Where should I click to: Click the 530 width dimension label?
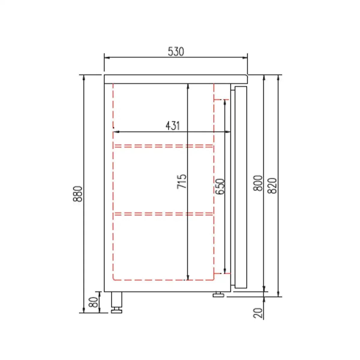175,52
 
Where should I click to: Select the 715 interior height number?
182,181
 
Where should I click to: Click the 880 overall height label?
78,194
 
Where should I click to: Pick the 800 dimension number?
258,183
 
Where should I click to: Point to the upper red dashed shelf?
163,146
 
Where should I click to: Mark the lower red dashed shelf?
163,214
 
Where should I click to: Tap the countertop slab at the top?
175,79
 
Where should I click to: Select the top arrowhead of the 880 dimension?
84,77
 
